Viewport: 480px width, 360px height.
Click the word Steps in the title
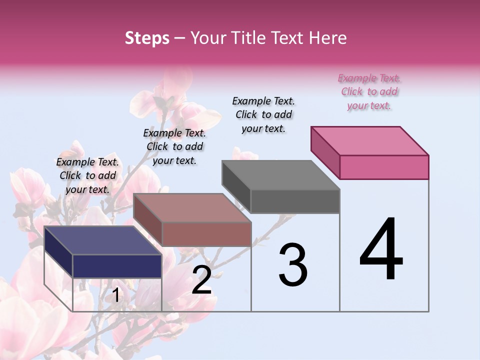pyautogui.click(x=147, y=38)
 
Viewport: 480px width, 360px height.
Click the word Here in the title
pyautogui.click(x=326, y=38)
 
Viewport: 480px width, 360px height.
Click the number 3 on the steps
pyautogui.click(x=293, y=265)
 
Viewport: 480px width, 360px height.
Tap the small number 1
pyautogui.click(x=115, y=295)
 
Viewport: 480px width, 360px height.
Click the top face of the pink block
pyautogui.click(x=370, y=140)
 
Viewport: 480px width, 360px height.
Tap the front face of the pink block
pyautogui.click(x=384, y=167)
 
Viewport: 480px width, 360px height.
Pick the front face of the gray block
pyautogui.click(x=295, y=201)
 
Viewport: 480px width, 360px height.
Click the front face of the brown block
pyautogui.click(x=206, y=234)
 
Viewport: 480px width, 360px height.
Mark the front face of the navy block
pyautogui.click(x=117, y=266)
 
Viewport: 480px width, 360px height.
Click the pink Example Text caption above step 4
pyautogui.click(x=369, y=92)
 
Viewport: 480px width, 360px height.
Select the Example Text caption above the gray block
pyautogui.click(x=263, y=114)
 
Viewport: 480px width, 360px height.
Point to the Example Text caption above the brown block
pyautogui.click(x=174, y=146)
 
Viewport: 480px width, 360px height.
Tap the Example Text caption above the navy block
pyautogui.click(x=87, y=175)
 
